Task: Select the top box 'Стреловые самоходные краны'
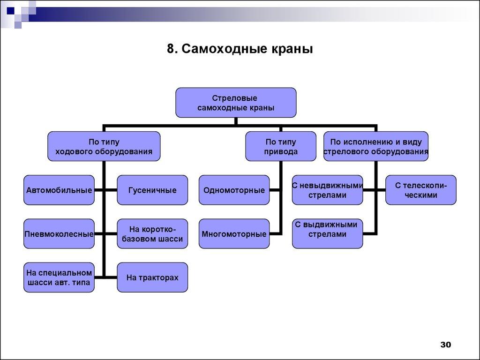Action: click(236, 103)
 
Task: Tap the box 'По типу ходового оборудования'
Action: click(104, 146)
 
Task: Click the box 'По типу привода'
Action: click(281, 146)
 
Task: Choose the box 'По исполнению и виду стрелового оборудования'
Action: click(375, 146)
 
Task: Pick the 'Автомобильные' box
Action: click(59, 190)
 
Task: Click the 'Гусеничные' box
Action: click(152, 190)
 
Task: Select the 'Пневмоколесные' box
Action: click(59, 233)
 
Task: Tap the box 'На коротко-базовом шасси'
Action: click(152, 233)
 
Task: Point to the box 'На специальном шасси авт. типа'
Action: click(59, 277)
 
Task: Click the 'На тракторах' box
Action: click(152, 277)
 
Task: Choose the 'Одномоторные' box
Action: click(234, 190)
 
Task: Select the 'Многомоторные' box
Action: click(234, 233)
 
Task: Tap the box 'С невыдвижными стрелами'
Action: click(327, 190)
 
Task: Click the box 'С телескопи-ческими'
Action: click(420, 190)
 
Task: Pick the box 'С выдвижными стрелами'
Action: click(327, 233)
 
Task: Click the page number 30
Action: click(445, 345)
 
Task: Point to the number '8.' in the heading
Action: click(172, 49)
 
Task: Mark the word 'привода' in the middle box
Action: click(281, 152)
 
